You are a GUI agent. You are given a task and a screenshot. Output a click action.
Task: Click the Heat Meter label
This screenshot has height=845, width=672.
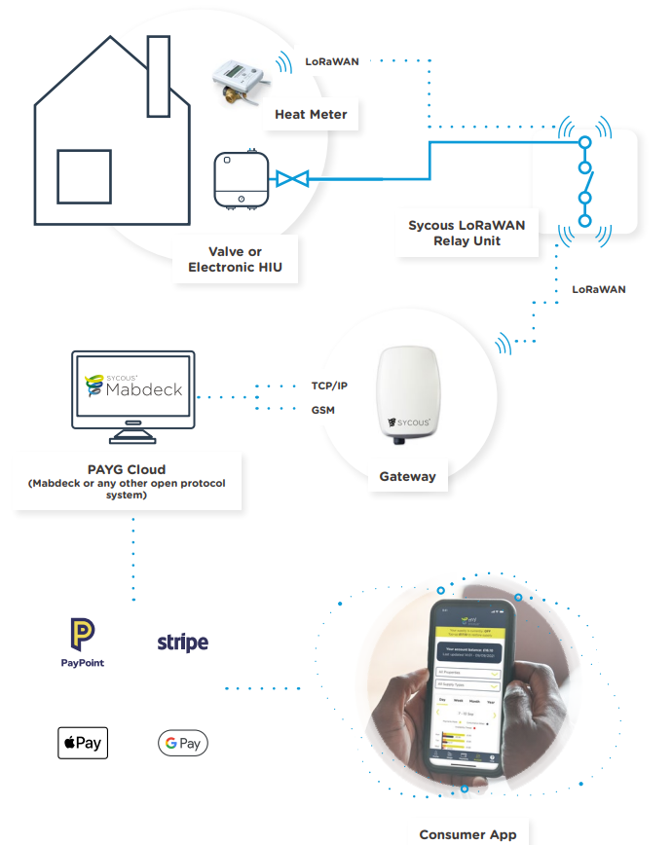point(311,114)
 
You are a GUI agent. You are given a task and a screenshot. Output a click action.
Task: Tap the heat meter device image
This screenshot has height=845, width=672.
point(238,79)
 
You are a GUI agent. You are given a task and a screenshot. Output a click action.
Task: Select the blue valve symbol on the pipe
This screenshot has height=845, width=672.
point(291,178)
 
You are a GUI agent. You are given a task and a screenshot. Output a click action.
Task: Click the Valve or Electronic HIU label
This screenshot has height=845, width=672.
point(235,259)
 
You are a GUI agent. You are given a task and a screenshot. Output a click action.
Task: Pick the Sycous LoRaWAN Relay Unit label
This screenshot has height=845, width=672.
point(467,233)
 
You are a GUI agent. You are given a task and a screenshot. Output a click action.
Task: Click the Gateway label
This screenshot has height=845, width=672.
point(407,477)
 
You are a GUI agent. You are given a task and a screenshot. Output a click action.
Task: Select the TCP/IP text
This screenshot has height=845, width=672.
point(329,386)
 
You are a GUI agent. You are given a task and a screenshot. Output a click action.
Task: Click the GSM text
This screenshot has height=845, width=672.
point(322,410)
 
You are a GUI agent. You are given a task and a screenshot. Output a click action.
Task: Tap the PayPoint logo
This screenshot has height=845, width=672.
point(82,643)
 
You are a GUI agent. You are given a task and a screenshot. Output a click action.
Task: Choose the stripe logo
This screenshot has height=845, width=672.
point(183,643)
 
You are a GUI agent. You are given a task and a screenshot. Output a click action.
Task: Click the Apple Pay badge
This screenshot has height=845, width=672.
point(83,743)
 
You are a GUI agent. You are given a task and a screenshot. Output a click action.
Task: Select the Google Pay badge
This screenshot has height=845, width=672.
point(183,744)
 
